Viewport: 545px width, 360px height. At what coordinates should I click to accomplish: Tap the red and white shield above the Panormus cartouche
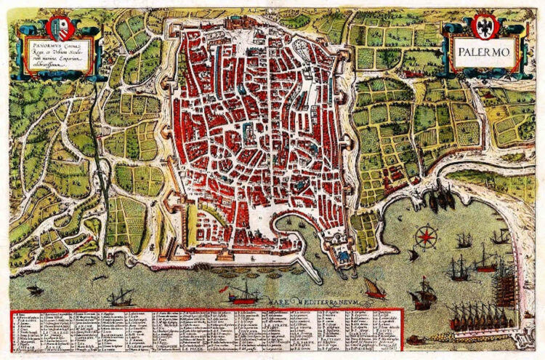point(60,28)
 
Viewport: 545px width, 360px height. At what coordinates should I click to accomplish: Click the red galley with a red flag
point(243,295)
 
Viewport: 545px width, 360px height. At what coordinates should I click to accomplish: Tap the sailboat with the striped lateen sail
point(374,288)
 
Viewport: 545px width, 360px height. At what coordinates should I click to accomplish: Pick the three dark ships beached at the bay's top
point(441,197)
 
